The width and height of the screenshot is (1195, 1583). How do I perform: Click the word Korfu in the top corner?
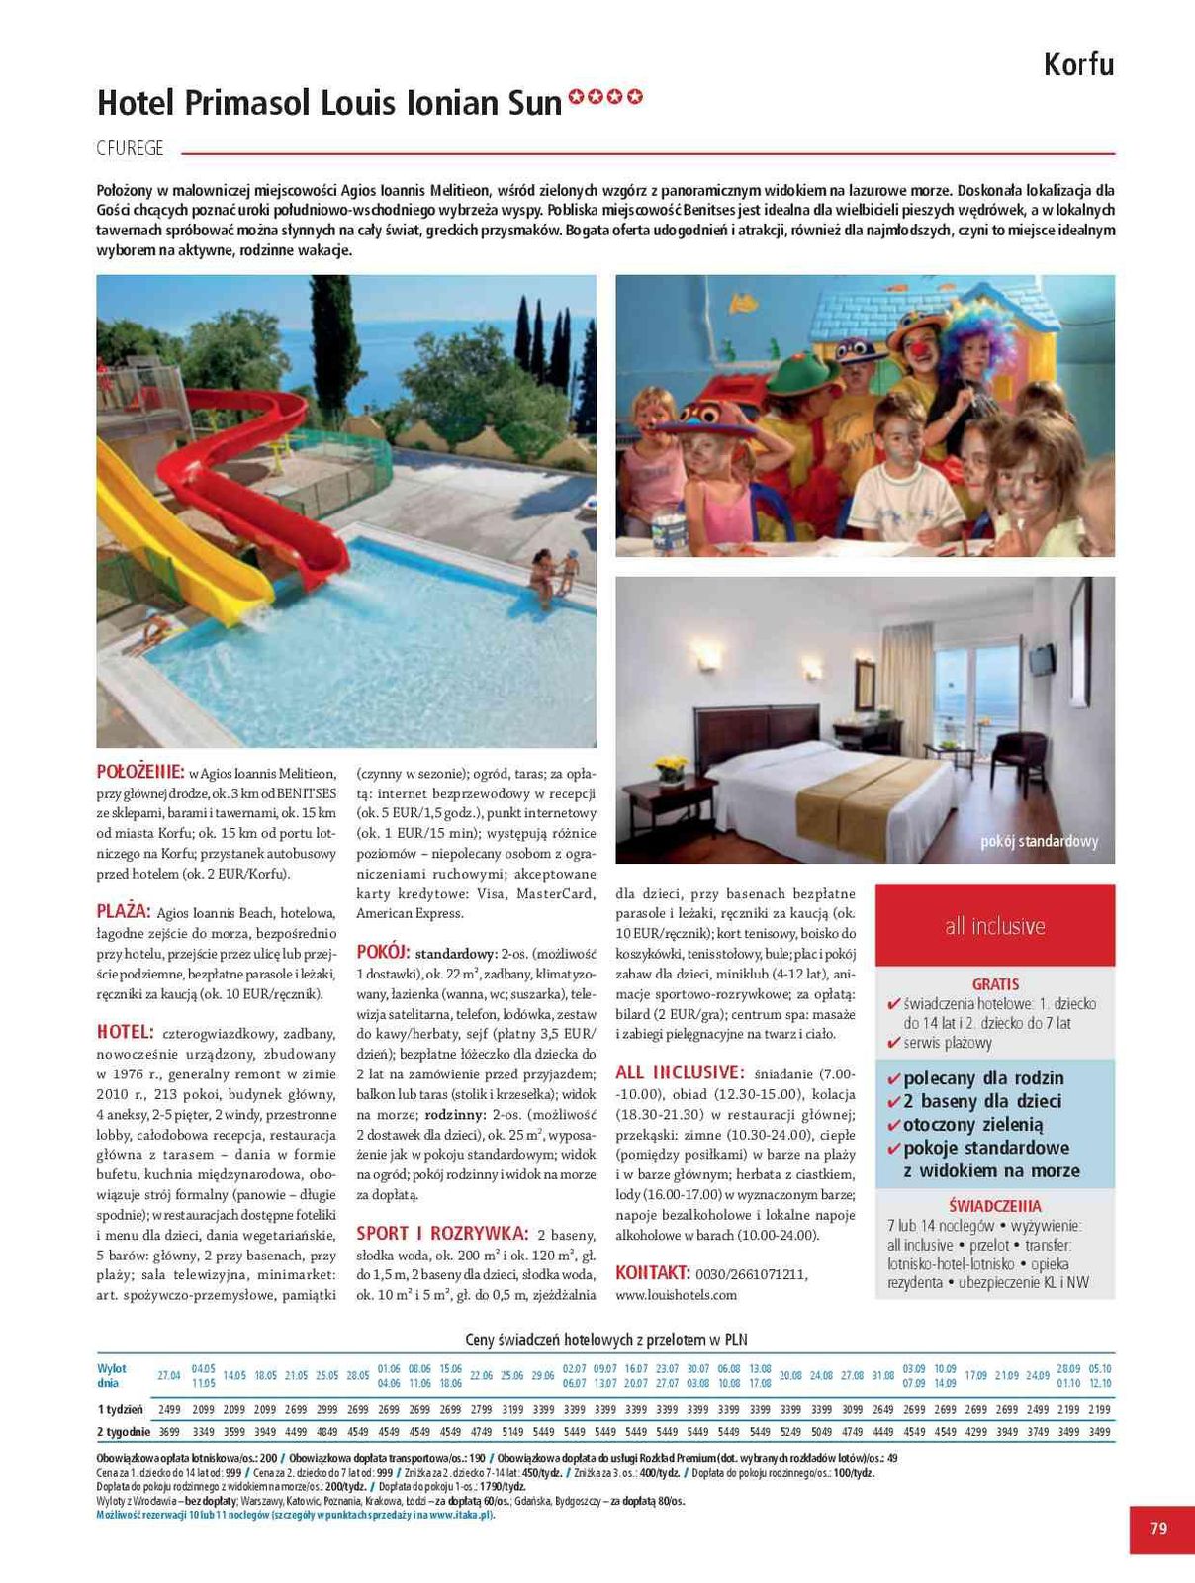click(x=1078, y=65)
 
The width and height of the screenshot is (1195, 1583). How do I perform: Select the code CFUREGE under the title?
click(x=130, y=149)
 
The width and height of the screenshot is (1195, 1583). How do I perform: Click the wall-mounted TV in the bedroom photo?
click(x=1041, y=659)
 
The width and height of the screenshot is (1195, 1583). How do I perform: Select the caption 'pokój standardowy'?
click(x=1039, y=842)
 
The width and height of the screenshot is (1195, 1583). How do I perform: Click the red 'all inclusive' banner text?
click(x=994, y=926)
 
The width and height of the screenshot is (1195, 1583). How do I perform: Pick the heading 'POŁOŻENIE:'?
click(x=139, y=772)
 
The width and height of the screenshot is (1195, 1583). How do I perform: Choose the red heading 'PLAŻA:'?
click(x=123, y=911)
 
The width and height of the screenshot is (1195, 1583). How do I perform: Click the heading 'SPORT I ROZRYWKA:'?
click(x=442, y=1233)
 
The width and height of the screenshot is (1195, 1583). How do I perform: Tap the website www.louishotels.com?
click(x=676, y=1294)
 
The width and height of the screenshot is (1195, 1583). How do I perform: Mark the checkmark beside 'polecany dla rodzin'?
click(x=894, y=1078)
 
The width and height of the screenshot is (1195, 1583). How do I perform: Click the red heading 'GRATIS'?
click(x=995, y=984)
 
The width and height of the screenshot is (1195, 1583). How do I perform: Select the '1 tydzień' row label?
click(x=120, y=1409)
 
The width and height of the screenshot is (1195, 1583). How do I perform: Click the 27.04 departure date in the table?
click(x=169, y=1375)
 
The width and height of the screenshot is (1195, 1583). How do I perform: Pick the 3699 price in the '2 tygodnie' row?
click(x=169, y=1431)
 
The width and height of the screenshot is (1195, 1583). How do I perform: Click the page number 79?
click(x=1159, y=1529)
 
